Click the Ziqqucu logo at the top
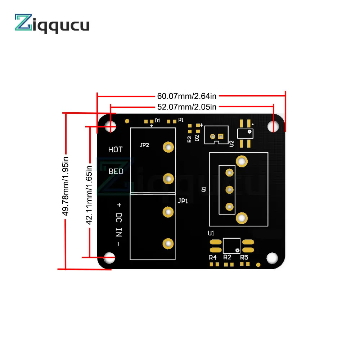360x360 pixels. (52, 23)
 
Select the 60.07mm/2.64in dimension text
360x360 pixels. (186, 96)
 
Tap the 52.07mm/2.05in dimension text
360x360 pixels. (186, 107)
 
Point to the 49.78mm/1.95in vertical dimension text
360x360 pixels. (66, 186)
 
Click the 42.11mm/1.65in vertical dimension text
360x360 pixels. (89, 195)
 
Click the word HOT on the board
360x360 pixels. (116, 150)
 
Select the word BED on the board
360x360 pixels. (116, 171)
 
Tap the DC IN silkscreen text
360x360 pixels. (119, 225)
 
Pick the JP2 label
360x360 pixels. (144, 145)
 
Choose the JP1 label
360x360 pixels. (183, 201)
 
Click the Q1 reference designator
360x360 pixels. (204, 189)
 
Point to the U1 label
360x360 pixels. (211, 233)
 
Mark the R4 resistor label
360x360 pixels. (213, 257)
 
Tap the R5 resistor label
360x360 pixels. (244, 257)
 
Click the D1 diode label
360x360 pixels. (157, 121)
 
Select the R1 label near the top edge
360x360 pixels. (181, 120)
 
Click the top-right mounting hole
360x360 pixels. (273, 126)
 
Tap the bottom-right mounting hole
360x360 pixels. (272, 258)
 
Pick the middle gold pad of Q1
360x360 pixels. (229, 190)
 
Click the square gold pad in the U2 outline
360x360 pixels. (221, 136)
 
